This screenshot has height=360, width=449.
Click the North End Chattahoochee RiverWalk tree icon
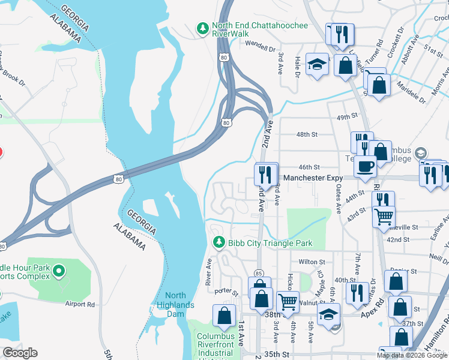click(203, 28)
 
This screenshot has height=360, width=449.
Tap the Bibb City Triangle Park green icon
click(219, 242)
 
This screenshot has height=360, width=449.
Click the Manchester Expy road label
click(313, 178)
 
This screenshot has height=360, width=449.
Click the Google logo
click(20, 353)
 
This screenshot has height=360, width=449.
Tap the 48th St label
click(308, 135)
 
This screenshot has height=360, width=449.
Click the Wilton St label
click(312, 262)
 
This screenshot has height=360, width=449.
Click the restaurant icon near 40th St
click(357, 292)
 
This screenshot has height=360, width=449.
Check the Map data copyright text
click(412, 355)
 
